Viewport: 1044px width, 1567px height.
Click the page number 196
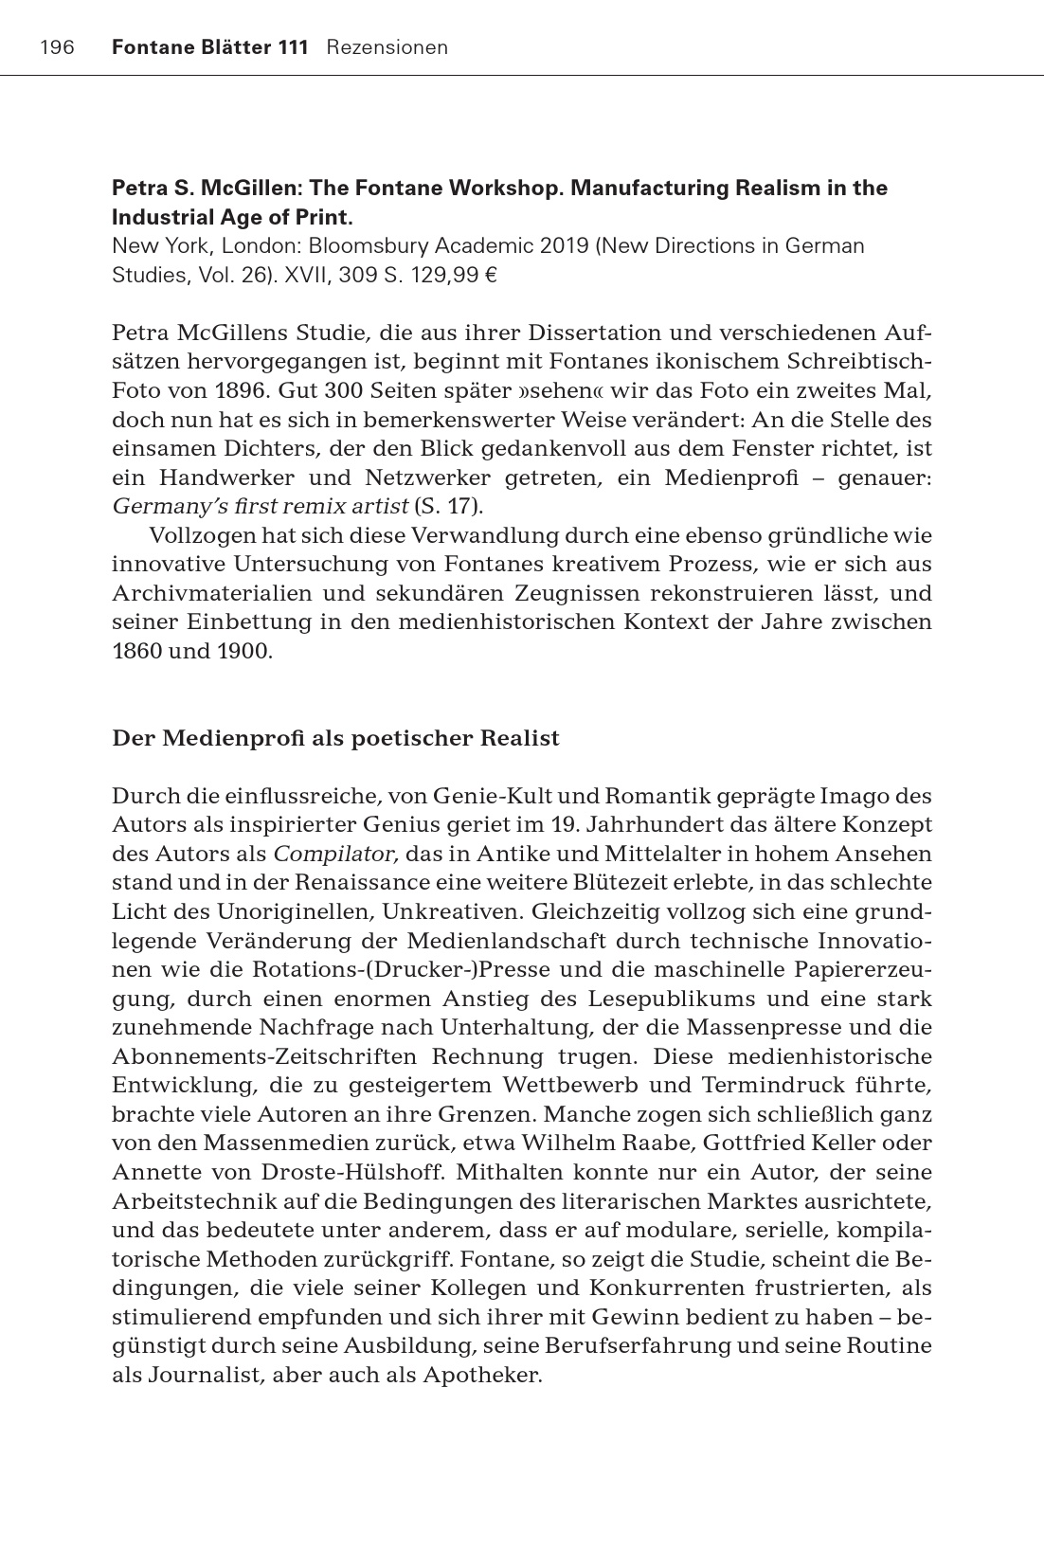tap(58, 47)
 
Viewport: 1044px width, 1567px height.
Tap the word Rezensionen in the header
tap(387, 47)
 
